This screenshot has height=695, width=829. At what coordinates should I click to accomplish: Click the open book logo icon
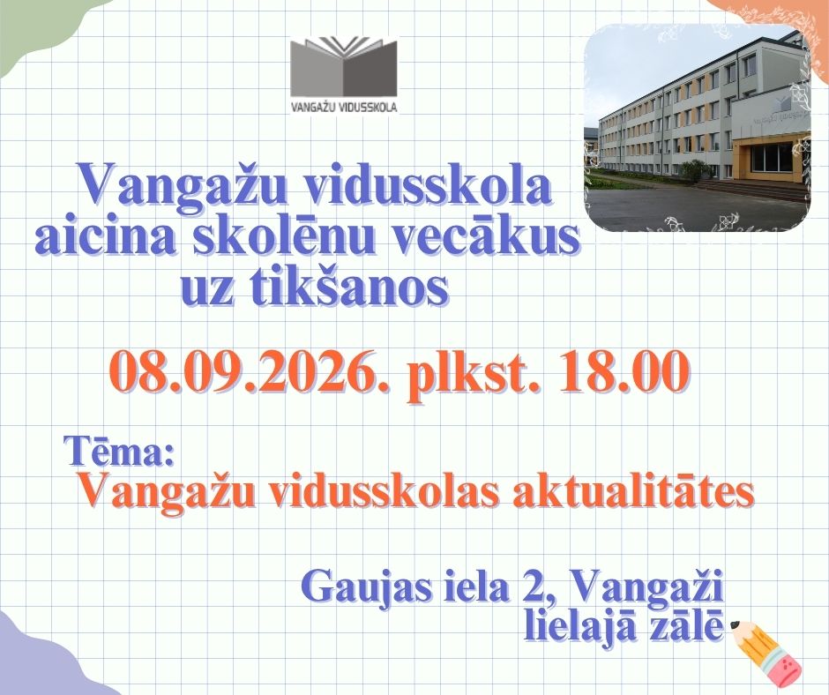[343, 65]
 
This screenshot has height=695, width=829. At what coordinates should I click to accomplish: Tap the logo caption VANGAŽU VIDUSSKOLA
[344, 107]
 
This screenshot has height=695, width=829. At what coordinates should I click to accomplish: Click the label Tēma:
[119, 452]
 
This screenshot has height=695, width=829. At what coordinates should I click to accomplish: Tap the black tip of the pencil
[735, 625]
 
